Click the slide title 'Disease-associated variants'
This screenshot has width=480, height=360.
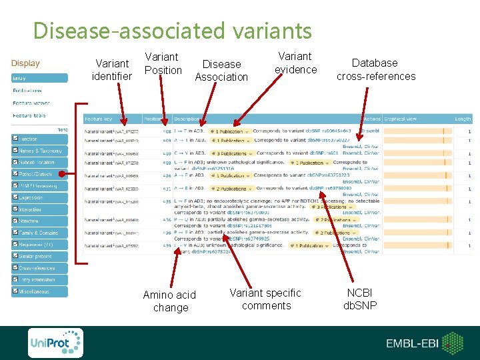coord(172,31)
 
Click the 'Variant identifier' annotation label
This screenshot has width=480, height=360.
coord(112,70)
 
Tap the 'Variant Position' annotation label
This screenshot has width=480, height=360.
coord(163,63)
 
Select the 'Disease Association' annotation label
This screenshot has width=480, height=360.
coord(221,70)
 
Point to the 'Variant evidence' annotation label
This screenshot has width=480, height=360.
coord(295,63)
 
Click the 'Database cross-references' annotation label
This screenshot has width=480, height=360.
coord(376,69)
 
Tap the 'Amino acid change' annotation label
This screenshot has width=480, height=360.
coord(170,301)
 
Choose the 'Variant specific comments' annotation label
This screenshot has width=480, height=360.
coord(266,299)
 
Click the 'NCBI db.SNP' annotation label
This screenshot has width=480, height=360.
coord(360,299)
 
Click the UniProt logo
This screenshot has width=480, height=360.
coord(55,343)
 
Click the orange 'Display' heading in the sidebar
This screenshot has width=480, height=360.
coord(25,63)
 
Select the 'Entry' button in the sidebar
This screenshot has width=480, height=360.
coord(39,78)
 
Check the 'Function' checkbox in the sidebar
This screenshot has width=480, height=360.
coord(16,139)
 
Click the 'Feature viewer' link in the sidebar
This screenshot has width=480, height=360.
coord(31,103)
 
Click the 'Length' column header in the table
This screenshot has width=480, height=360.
coord(462,119)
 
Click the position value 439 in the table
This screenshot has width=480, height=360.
coord(166,246)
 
